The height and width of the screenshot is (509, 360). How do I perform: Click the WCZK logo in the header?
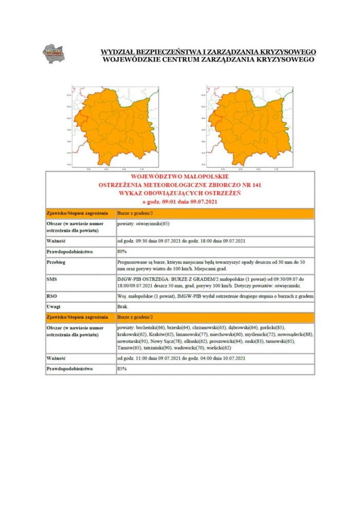(x=53, y=53)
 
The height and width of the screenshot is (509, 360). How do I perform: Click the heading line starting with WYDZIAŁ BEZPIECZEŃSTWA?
(x=208, y=52)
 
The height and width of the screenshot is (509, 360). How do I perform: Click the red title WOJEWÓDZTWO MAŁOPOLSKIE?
(x=179, y=176)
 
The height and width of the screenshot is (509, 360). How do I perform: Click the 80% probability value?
(x=122, y=251)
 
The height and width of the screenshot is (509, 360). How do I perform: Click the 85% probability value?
(x=122, y=369)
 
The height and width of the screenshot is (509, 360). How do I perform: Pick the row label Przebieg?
(x=57, y=262)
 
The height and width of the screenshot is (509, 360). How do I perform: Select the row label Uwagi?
(x=54, y=306)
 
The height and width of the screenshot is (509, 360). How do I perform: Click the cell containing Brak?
(x=122, y=306)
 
